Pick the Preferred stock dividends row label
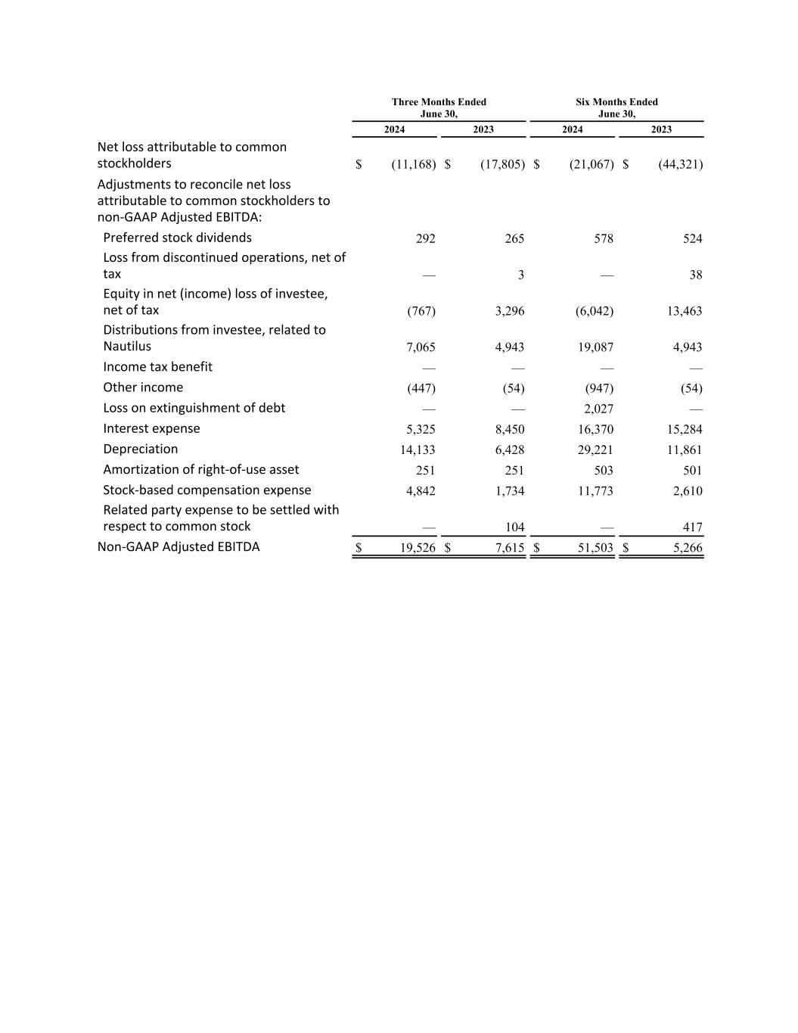pos(177,238)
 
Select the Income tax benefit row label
pos(157,367)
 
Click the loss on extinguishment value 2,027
pos(598,409)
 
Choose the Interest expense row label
pos(151,428)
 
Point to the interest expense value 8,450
pos(509,429)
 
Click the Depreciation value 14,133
pos(418,450)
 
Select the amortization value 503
pos(603,470)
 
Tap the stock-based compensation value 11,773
pos(595,490)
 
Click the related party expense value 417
pos(691,527)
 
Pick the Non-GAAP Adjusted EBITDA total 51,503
pos(595,547)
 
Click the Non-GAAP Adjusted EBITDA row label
pos(178,546)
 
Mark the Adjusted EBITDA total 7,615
pos(510,547)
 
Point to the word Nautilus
pos(127,347)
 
